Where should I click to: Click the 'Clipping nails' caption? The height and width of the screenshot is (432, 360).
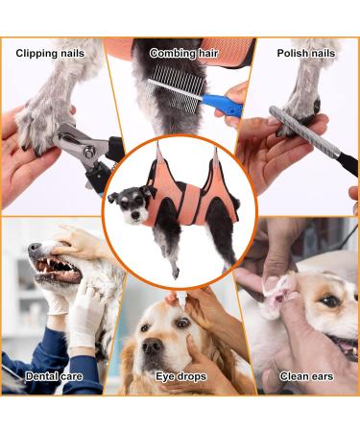(x=49, y=53)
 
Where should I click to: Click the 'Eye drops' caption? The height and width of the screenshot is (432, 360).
(x=180, y=376)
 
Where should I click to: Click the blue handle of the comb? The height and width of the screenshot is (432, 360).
(x=227, y=105)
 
